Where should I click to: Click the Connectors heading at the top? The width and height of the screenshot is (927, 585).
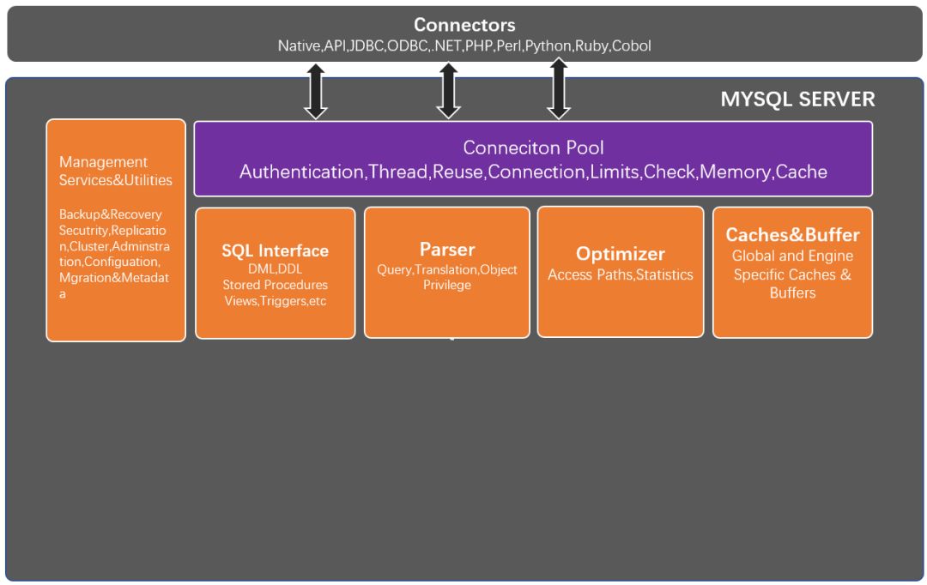[x=464, y=25]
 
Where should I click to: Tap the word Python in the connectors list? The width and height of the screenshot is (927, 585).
[x=548, y=46]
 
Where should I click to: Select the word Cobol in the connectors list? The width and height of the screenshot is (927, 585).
[x=632, y=45]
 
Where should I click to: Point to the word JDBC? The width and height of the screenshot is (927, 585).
[x=366, y=45]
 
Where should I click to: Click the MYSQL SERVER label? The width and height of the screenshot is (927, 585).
[x=797, y=100]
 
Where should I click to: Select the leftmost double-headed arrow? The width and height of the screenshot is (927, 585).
[x=316, y=92]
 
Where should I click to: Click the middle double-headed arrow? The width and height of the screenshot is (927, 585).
[x=448, y=91]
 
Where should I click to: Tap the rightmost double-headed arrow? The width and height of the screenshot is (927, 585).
[x=559, y=88]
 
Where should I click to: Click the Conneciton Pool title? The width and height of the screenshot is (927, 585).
[x=533, y=148]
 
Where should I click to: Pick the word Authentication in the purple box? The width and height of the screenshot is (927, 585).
[x=301, y=172]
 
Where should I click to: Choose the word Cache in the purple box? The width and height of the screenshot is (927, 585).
[x=801, y=172]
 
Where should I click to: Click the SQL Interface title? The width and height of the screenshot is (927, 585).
[x=275, y=250]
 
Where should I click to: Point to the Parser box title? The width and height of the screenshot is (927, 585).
[x=447, y=250]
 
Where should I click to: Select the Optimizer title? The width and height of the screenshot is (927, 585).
[x=621, y=254]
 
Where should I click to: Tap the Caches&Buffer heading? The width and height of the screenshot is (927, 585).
[x=792, y=234]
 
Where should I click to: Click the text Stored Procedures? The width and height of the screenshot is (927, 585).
[x=275, y=285]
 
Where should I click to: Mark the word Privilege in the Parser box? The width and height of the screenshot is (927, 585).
[x=447, y=285]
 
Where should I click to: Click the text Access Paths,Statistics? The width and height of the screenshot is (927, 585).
[x=621, y=274]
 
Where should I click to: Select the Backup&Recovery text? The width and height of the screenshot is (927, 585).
[x=110, y=214]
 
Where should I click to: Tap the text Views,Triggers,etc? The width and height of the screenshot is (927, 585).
[x=275, y=301]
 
